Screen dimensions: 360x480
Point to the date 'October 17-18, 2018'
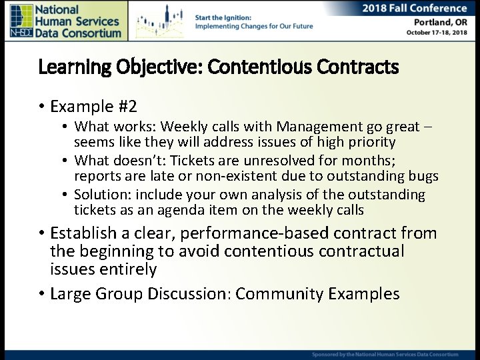(437, 33)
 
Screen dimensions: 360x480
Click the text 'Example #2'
(93, 107)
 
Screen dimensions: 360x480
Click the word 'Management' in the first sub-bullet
(317, 127)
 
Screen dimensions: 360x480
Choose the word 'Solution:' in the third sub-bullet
(101, 195)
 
